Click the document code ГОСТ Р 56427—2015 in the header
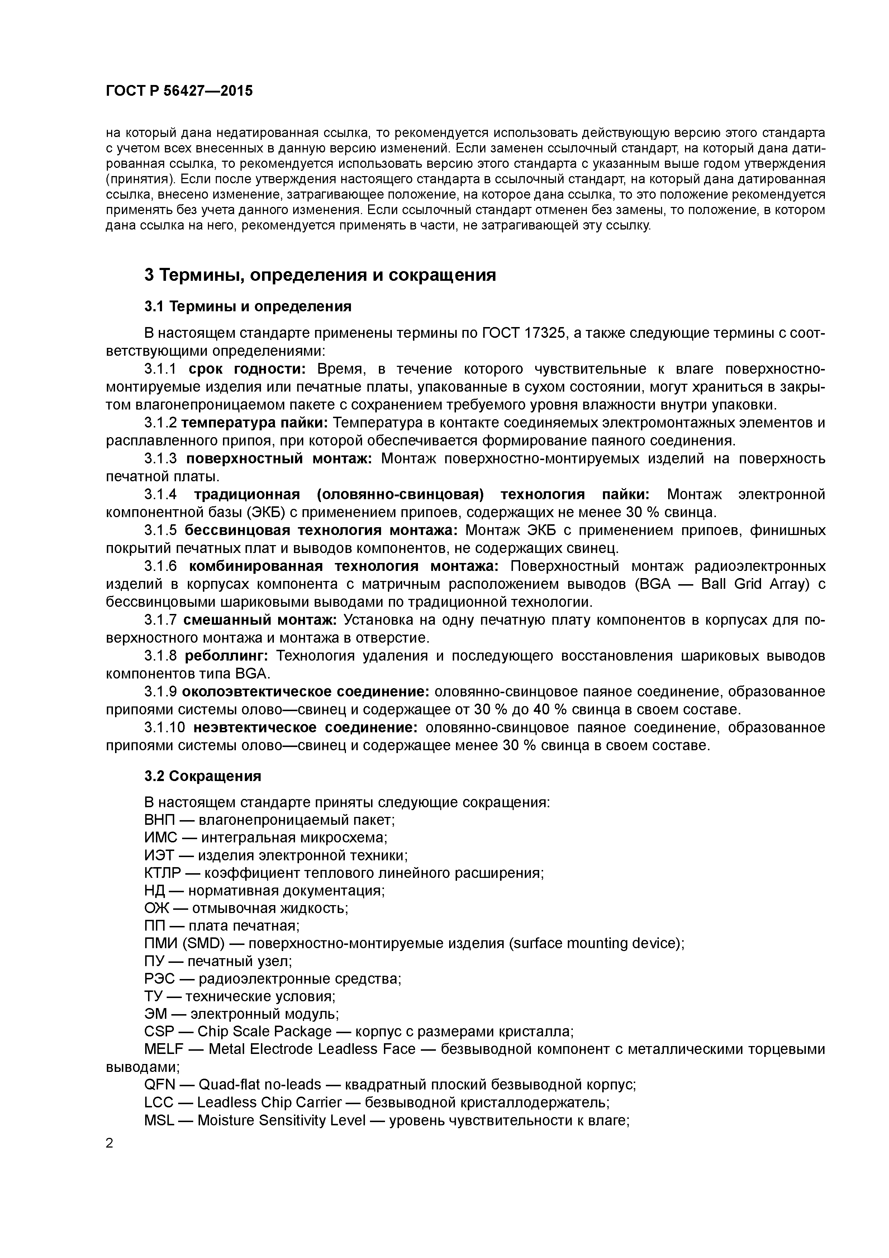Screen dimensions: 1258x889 [179, 91]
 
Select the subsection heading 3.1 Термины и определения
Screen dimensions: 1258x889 [248, 306]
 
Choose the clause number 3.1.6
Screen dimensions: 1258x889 [161, 566]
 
